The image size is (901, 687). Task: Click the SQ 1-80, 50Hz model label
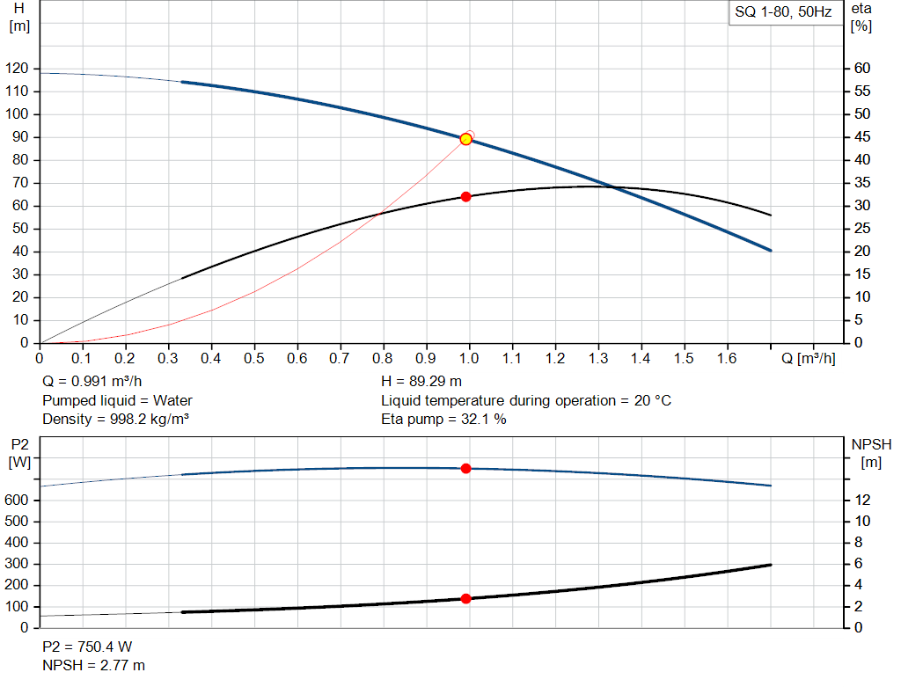pos(783,12)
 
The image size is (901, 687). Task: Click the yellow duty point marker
pos(466,139)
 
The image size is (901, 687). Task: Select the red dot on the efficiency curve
pos(466,196)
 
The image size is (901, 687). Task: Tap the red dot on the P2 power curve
pos(466,468)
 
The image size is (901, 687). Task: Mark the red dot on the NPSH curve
pos(466,598)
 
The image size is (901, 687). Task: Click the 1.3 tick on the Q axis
pos(598,359)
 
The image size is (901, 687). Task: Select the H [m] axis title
pos(19,17)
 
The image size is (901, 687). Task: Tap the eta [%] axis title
pos(861,17)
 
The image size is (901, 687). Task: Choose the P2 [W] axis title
pos(19,452)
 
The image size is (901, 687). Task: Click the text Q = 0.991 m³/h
pos(91,382)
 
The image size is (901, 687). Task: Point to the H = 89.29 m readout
pos(421,382)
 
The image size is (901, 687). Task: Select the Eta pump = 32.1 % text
pos(443,419)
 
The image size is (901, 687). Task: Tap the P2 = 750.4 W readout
pos(87,647)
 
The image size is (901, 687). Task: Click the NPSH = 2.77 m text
pos(94,665)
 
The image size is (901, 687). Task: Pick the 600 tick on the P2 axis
pos(18,500)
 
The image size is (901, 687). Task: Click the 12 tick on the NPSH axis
pos(863,500)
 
